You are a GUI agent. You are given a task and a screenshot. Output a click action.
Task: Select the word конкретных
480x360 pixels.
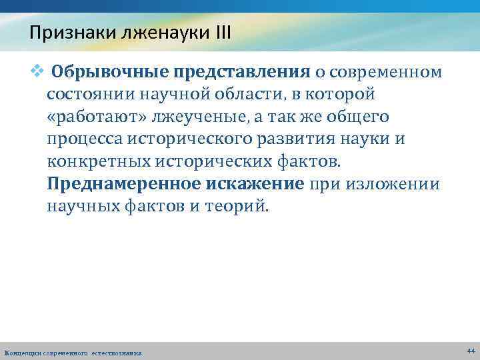pyautogui.click(x=97, y=162)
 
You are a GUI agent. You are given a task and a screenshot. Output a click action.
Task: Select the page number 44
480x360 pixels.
pyautogui.click(x=471, y=350)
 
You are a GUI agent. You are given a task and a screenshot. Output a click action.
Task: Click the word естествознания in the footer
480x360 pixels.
pyautogui.click(x=117, y=352)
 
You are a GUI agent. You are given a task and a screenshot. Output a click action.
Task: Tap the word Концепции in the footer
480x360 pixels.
pyautogui.click(x=22, y=352)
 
